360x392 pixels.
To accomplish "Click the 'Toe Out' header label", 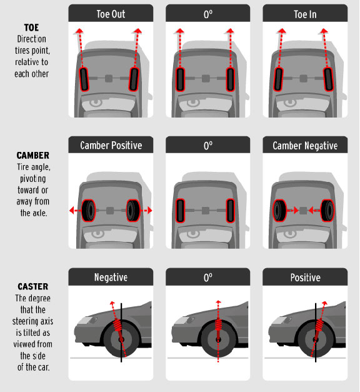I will pyautogui.click(x=111, y=13).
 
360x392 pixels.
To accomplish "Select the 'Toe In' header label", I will pyautogui.click(x=304, y=13).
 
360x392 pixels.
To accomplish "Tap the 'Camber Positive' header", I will pyautogui.click(x=111, y=145).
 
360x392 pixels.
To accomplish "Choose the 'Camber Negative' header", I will pyautogui.click(x=304, y=145).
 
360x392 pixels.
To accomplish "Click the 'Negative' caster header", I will pyautogui.click(x=111, y=277).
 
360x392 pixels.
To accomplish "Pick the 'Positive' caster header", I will pyautogui.click(x=304, y=277).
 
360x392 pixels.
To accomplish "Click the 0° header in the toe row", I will pyautogui.click(x=207, y=13).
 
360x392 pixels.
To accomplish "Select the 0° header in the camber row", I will pyautogui.click(x=207, y=145).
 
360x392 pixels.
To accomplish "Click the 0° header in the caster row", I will pyautogui.click(x=207, y=277).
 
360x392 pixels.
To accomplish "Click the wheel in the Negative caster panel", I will pyautogui.click(x=120, y=341).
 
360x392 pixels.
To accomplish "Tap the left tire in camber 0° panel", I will pyautogui.click(x=181, y=211).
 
